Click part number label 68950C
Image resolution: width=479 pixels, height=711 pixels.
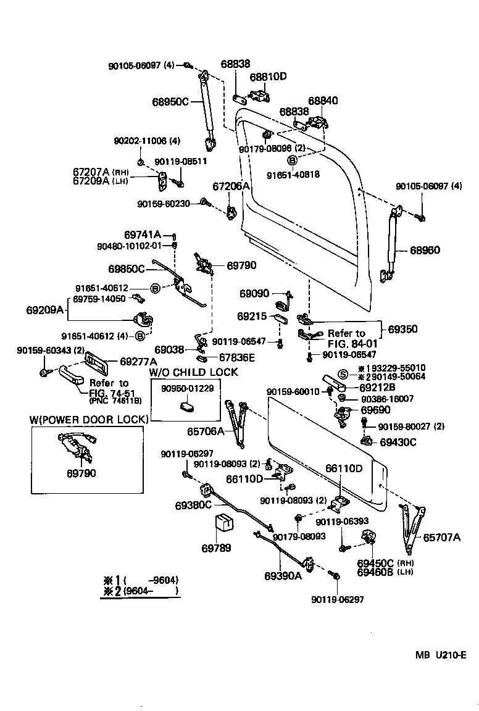pyautogui.click(x=170, y=101)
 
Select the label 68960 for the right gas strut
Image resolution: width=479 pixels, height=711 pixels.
pyautogui.click(x=425, y=250)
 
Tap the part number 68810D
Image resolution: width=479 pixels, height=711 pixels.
pyautogui.click(x=268, y=77)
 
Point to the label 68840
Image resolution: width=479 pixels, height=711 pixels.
pyautogui.click(x=323, y=100)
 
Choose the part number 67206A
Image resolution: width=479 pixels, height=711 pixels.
pyautogui.click(x=231, y=186)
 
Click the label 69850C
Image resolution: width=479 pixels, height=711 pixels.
pyautogui.click(x=127, y=268)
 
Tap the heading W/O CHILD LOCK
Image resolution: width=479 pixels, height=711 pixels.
pyautogui.click(x=193, y=372)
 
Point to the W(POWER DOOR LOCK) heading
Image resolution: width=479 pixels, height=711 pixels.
pyautogui.click(x=90, y=420)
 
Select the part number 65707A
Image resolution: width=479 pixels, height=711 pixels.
pyautogui.click(x=441, y=537)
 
